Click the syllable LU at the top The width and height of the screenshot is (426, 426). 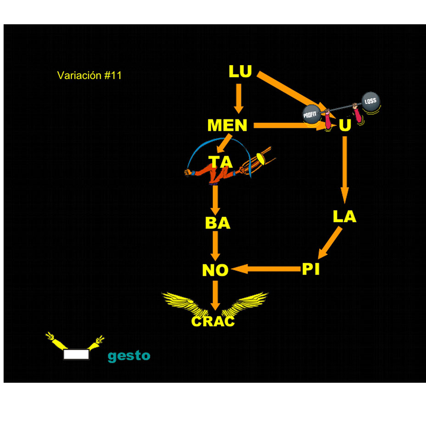[x=240, y=72]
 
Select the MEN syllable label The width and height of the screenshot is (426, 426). [x=227, y=125]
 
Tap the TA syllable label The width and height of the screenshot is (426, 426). [x=221, y=162]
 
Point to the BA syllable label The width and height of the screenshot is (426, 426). [x=218, y=223]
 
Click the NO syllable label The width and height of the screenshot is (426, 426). [x=215, y=270]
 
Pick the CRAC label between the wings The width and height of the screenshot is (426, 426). [x=213, y=321]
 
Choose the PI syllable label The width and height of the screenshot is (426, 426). [x=311, y=269]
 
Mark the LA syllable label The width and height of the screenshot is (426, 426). [x=344, y=217]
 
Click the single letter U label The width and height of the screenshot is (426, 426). [x=345, y=126]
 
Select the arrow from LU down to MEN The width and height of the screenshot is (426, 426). [x=238, y=98]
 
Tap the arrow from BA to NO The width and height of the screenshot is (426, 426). [x=215, y=247]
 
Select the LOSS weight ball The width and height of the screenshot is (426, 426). [x=370, y=102]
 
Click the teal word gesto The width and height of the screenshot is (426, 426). [x=129, y=356]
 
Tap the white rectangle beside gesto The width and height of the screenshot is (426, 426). [x=76, y=354]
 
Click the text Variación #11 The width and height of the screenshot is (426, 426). [x=90, y=75]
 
